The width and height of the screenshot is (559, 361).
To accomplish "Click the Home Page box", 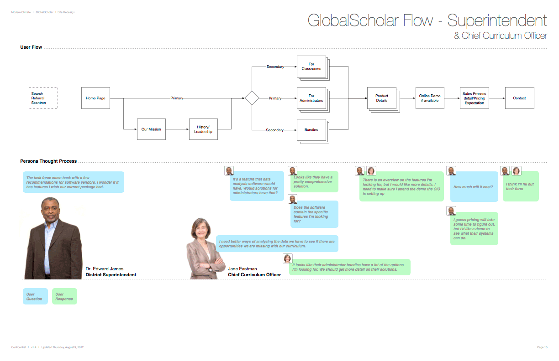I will (95, 98).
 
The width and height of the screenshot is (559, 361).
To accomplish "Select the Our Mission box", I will (151, 129).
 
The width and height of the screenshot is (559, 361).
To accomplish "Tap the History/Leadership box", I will (203, 129).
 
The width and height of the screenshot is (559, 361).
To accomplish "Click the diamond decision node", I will (252, 98).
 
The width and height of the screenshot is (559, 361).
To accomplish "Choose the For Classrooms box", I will (311, 67).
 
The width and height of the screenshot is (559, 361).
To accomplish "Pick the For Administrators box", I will (311, 98).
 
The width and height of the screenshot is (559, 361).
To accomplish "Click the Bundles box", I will (311, 129).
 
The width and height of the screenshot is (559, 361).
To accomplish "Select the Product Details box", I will (382, 98).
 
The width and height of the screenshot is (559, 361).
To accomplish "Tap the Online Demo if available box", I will (430, 98).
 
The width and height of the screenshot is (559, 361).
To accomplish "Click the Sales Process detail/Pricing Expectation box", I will (475, 98).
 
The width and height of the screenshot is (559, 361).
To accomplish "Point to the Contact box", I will (519, 98).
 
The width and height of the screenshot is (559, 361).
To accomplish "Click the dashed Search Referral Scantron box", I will (43, 98).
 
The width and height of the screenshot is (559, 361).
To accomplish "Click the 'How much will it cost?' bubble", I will (474, 187).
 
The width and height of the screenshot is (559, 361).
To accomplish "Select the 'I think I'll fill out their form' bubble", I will (521, 186).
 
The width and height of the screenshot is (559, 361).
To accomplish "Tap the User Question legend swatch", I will (35, 296).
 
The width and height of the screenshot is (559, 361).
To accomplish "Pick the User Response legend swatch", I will (64, 296).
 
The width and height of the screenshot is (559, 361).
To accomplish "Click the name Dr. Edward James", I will (105, 269).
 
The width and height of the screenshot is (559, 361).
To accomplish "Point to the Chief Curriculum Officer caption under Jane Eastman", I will (254, 275).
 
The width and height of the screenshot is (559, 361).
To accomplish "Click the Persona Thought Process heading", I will (48, 161).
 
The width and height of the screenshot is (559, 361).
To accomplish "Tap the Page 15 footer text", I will (542, 347).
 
